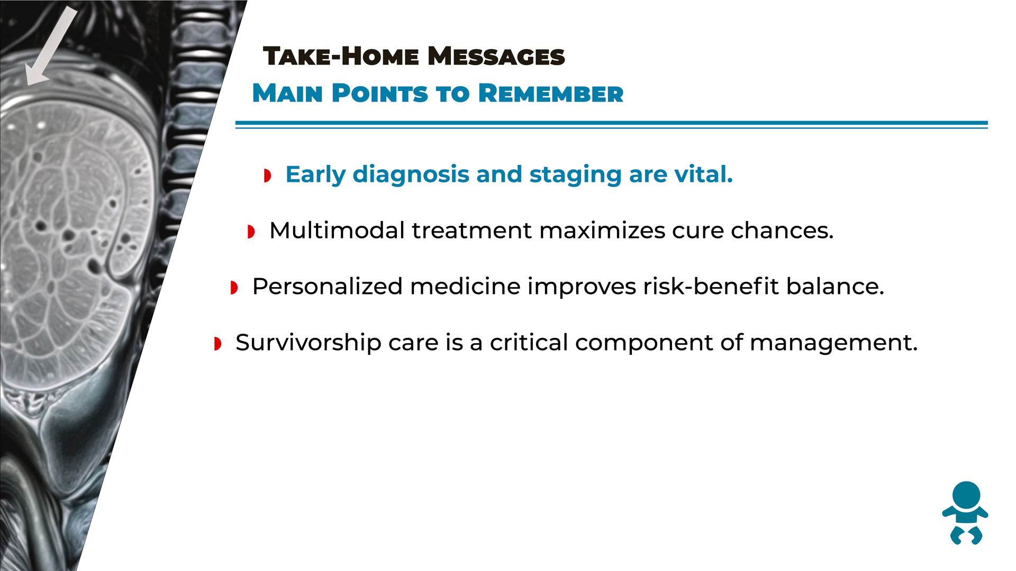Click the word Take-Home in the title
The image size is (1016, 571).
(x=341, y=56)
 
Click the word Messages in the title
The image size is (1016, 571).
(x=496, y=56)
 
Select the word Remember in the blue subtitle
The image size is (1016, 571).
(x=551, y=94)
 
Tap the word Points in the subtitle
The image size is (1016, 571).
(x=379, y=94)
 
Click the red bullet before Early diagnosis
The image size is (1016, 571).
(x=268, y=176)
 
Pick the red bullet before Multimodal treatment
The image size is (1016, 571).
(x=251, y=232)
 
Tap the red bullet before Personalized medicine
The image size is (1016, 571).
(x=234, y=288)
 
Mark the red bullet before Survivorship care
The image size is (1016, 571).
(x=217, y=344)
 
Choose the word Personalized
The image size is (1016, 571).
(x=328, y=287)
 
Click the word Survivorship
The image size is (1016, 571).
(x=309, y=343)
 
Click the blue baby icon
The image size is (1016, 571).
(x=965, y=513)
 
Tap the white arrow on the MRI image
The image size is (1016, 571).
(x=51, y=47)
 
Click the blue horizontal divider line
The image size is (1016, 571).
(x=611, y=125)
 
